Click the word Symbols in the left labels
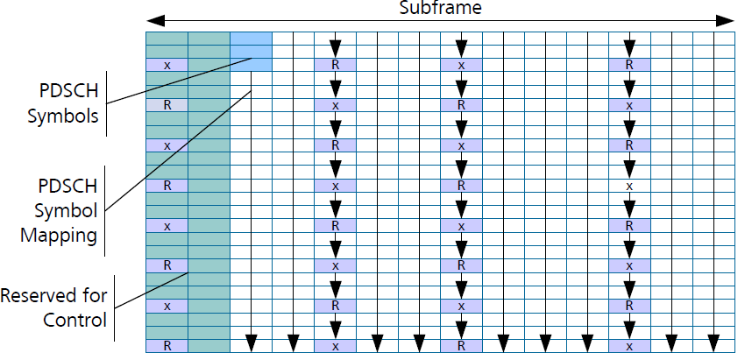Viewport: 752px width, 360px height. click(62, 115)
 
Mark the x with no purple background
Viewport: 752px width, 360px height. click(629, 186)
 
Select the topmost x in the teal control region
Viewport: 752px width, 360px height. click(167, 65)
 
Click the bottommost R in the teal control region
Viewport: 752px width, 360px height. click(167, 346)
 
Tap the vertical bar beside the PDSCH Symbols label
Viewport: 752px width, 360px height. click(107, 103)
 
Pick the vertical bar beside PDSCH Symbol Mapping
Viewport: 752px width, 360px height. click(107, 212)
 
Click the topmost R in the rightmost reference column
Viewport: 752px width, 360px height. click(629, 65)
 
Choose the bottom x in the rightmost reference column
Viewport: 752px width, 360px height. click(629, 346)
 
